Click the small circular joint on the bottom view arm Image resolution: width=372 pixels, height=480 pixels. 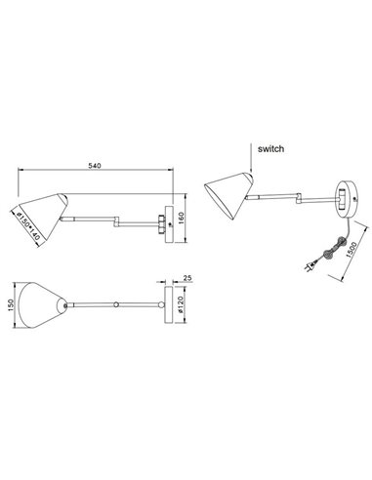(x=117, y=304)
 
